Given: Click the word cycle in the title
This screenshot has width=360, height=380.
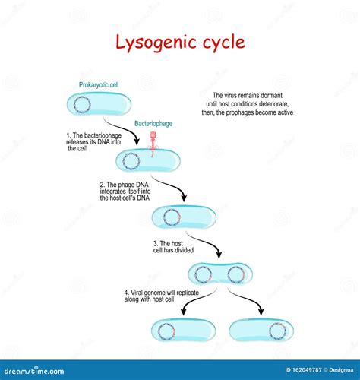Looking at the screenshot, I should click(x=221, y=42).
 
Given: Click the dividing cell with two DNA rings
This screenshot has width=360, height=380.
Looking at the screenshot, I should click(x=220, y=273).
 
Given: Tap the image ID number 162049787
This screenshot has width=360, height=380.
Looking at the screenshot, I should click(x=298, y=371).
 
